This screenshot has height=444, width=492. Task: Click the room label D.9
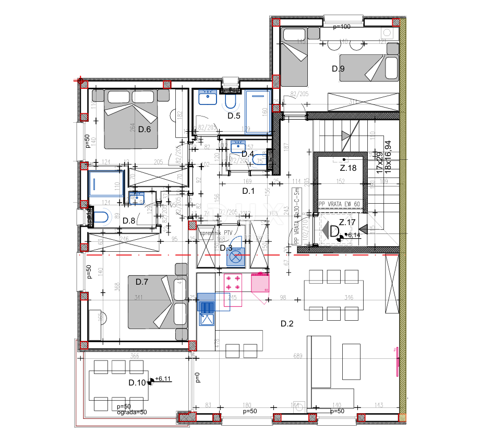(339, 68)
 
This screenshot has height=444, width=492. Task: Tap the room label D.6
(145, 130)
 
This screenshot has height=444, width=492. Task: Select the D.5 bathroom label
(234, 116)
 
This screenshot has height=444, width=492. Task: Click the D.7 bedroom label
(142, 282)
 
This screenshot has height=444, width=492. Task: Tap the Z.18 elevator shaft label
(348, 168)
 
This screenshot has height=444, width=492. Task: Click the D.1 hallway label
(248, 191)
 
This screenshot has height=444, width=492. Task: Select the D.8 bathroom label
(129, 221)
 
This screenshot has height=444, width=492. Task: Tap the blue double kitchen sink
(207, 306)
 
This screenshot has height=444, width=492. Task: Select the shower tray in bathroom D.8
(106, 183)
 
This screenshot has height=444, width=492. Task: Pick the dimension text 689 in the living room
(298, 356)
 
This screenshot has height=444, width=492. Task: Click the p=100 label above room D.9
(341, 27)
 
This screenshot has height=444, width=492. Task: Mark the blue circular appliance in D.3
(236, 256)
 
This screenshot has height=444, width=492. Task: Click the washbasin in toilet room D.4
(237, 147)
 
